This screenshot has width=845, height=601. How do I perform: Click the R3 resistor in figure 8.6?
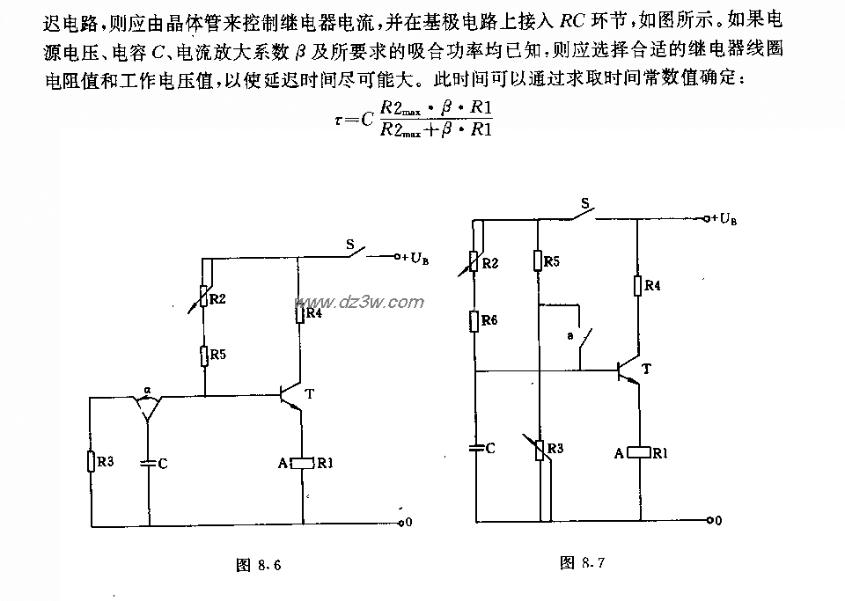pos(91,461)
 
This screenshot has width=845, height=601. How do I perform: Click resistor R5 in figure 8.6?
pos(203,355)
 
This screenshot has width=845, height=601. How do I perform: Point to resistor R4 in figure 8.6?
pos(301,312)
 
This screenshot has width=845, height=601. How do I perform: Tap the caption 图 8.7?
pos(582,561)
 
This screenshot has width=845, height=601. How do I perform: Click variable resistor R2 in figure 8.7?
pos(474,262)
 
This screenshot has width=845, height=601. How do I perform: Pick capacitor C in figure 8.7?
pos(475,448)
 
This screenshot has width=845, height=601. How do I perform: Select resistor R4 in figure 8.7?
pos(636,285)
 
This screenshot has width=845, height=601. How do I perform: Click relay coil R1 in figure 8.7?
pos(636,452)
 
